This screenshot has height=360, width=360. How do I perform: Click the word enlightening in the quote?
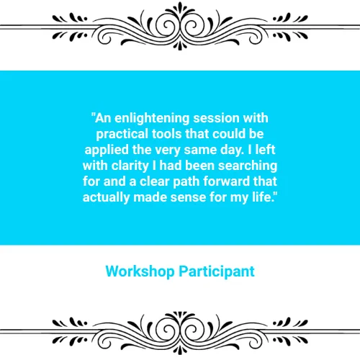pos(152,119)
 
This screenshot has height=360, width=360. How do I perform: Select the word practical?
pos(122,135)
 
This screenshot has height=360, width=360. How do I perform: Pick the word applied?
pos(107,150)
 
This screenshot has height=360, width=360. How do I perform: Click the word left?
pos(265,150)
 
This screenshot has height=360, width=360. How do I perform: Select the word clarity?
pos(130,166)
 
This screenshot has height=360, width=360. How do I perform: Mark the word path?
pos(186,182)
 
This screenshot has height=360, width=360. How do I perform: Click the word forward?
pos(227,181)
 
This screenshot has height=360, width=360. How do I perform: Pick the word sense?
pos(188,198)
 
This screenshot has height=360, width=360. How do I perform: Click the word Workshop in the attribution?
pos(140,272)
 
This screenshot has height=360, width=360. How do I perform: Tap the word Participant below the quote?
pos(217,272)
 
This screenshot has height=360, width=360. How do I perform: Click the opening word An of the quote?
pos(103,118)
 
